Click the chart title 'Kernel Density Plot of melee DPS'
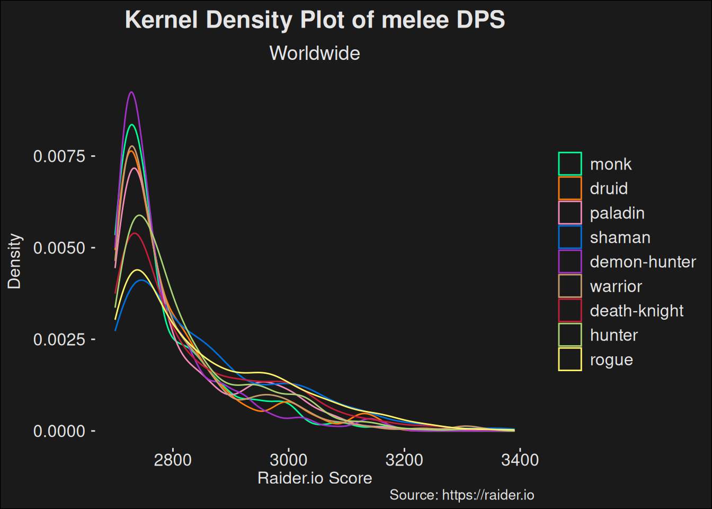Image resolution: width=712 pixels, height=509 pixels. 315,20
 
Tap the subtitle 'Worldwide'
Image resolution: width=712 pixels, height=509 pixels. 315,54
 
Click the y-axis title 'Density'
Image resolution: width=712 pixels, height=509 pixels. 14,261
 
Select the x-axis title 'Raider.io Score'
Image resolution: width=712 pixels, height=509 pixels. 315,478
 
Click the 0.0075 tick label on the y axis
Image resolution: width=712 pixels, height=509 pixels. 59,156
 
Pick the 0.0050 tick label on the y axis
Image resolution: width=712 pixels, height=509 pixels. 59,248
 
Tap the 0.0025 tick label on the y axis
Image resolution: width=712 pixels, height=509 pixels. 59,340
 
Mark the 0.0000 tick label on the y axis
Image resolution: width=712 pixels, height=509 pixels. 59,432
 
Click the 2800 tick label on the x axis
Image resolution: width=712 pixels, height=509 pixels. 173,460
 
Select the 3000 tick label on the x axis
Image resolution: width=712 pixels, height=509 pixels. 288,460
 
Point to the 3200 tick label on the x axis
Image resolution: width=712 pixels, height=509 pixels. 404,460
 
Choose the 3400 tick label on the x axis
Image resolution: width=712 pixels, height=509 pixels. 520,460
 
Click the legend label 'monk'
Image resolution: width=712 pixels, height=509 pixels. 611,164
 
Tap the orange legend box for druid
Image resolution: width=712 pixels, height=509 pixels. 570,188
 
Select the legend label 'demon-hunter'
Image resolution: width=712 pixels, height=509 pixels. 643,262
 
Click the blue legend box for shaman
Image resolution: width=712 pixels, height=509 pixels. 570,237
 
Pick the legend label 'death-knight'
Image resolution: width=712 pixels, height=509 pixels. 637,311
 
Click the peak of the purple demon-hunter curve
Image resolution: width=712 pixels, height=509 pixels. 131,92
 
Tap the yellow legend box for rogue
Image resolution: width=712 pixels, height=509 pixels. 570,359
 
